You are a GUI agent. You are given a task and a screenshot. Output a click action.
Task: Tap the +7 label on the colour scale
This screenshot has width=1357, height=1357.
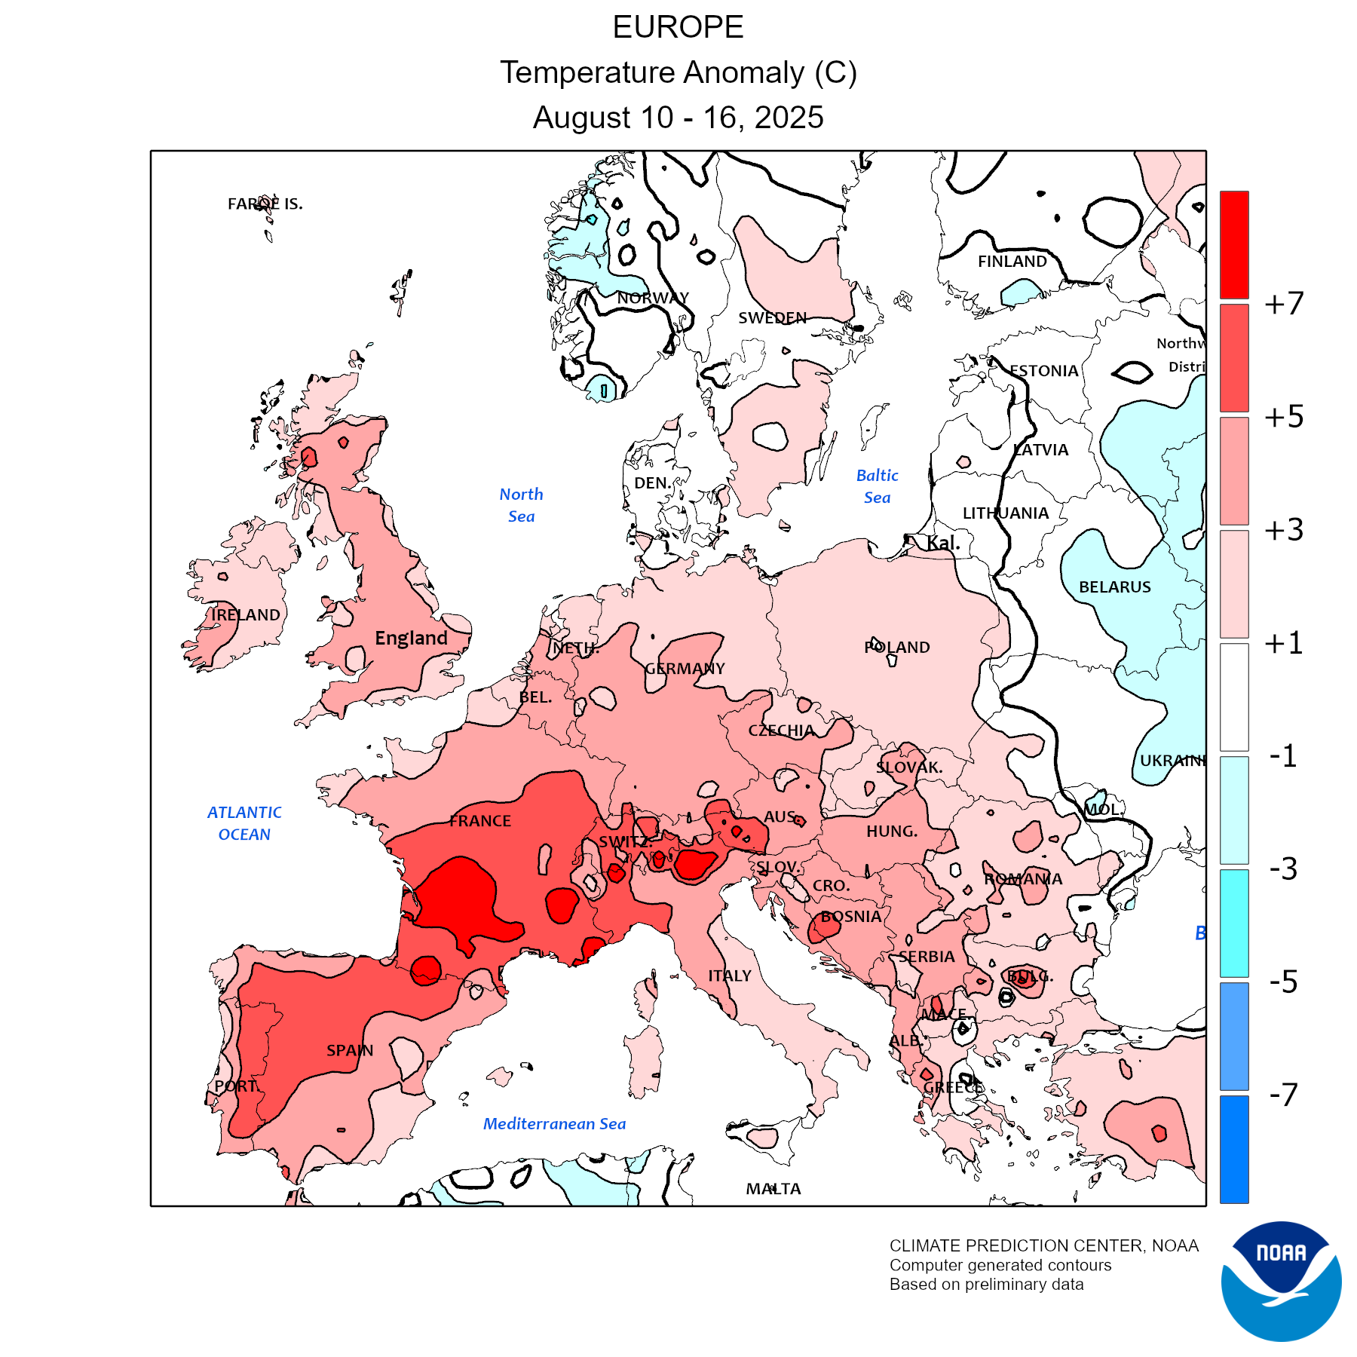coord(1284,303)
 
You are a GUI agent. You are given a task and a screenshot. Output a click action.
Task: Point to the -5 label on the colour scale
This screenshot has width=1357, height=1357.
coord(1283,982)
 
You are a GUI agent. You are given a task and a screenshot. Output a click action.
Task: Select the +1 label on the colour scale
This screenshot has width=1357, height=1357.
coord(1284,643)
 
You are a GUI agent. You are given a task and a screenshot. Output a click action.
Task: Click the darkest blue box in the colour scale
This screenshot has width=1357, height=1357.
coord(1234,1149)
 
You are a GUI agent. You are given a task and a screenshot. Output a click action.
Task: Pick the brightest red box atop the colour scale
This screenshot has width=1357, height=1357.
coord(1234,244)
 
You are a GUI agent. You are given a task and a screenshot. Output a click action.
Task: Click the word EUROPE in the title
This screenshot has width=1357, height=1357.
coord(678,27)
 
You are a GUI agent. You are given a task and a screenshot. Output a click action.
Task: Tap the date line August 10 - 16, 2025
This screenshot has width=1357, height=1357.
coord(678,118)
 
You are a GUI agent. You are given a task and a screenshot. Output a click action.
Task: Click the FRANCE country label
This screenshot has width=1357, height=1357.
coord(480,821)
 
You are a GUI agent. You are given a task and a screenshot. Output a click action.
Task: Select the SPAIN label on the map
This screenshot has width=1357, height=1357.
coord(350,1050)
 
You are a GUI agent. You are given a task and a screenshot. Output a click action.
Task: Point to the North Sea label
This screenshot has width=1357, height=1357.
coord(521,505)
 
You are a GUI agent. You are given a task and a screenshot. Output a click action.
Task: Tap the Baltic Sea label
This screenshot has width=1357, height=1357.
coord(877,486)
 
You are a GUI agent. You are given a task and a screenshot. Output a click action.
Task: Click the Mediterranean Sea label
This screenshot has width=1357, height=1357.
coord(554,1124)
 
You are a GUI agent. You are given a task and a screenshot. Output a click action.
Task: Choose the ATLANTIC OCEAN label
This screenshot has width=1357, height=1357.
coord(244,823)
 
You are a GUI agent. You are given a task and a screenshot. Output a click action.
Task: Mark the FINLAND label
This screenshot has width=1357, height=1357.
coord(1012,262)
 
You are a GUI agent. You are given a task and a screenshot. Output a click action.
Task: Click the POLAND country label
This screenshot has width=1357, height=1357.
coord(897,648)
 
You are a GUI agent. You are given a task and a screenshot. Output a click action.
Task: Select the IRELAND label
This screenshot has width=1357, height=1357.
coord(246,615)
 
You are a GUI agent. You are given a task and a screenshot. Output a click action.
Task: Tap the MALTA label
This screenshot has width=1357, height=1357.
coord(773,1189)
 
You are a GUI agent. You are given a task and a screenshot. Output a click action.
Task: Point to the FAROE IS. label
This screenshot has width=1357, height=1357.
coord(265,204)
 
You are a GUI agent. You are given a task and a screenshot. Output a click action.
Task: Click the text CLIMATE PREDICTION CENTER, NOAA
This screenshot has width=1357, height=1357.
coord(1043,1245)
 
